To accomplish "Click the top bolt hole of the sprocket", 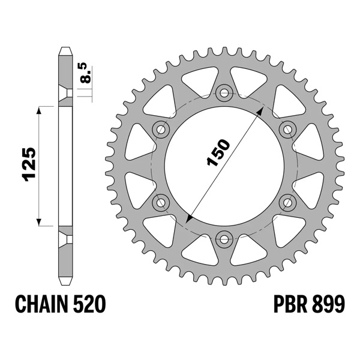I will [x=225, y=92].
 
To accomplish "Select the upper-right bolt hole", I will [x=288, y=128].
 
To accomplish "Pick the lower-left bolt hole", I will [x=161, y=202].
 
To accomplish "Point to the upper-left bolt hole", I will [x=161, y=128].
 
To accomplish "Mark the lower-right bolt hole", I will [x=288, y=202].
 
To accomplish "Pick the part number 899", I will [x=329, y=305].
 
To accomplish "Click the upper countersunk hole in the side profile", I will [x=65, y=93].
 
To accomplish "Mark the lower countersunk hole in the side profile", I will [x=65, y=239].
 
